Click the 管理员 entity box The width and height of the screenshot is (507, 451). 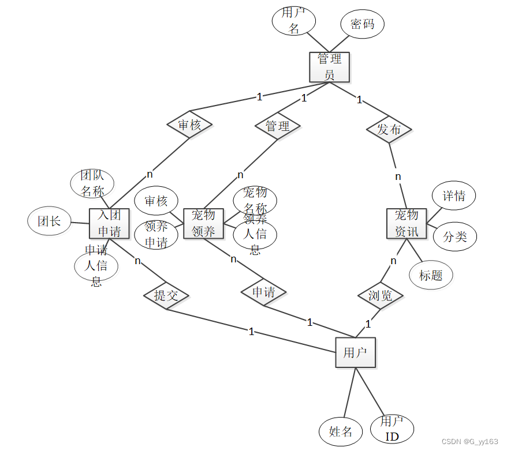(329, 67)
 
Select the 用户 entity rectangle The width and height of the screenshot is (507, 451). (355, 352)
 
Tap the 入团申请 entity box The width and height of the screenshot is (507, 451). (109, 223)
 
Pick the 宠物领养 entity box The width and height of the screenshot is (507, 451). (203, 223)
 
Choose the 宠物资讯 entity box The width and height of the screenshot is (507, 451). (407, 223)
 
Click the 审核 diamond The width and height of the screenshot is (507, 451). (189, 125)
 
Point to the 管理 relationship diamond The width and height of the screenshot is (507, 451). (278, 125)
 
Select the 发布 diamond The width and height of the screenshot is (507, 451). (389, 129)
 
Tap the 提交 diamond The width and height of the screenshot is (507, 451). (166, 295)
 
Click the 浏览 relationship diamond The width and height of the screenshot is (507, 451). (381, 295)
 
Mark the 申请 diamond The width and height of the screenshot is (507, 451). (264, 292)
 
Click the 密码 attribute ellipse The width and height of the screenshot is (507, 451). (362, 24)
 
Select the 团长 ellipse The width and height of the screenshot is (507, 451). (49, 221)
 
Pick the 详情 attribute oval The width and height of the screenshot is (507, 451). (454, 196)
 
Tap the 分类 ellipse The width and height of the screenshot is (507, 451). (454, 236)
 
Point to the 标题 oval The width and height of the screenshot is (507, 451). (431, 275)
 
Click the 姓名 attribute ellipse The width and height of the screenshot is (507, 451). (341, 431)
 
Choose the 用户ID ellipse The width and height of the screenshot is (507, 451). (393, 429)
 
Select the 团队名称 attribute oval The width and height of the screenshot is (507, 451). (92, 183)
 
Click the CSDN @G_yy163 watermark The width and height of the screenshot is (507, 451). (469, 441)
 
